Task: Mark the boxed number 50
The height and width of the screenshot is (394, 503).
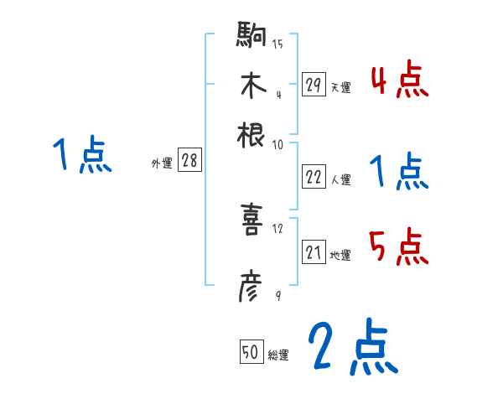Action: pos(250,353)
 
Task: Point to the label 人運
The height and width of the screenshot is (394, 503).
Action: pos(340,179)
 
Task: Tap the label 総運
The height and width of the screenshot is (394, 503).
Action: pos(277,355)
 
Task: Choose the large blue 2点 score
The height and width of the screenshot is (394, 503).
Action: pos(353,347)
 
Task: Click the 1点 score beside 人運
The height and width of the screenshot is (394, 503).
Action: pos(399,172)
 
